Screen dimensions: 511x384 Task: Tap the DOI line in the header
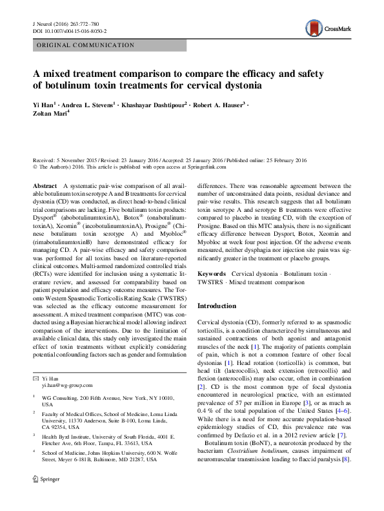coord(69,30)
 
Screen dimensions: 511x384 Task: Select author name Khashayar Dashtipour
coord(153,104)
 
